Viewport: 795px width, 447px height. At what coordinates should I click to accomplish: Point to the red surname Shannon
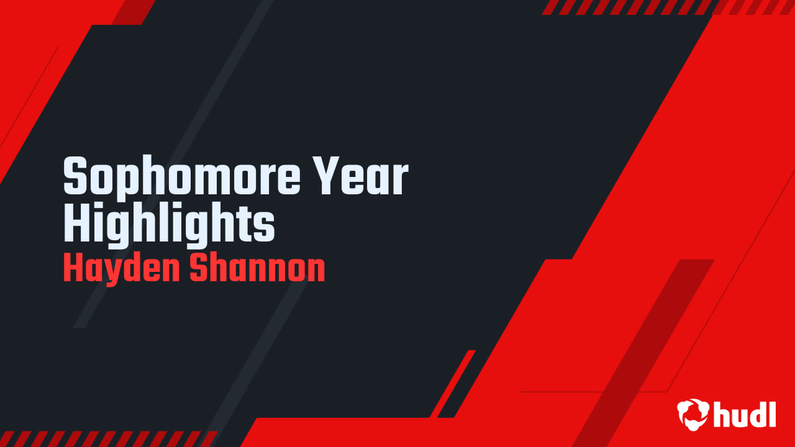(x=257, y=269)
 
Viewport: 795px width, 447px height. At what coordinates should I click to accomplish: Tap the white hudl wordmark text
(x=745, y=413)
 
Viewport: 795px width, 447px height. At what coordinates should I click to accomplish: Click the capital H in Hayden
(x=73, y=269)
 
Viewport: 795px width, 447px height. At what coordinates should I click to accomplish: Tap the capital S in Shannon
(x=198, y=269)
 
